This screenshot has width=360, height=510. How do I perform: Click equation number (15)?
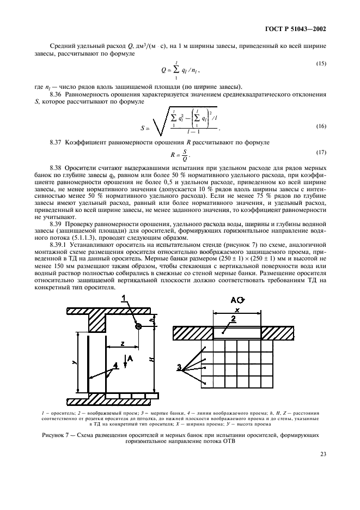[x=321, y=64]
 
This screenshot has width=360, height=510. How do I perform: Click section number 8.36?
[x=58, y=94]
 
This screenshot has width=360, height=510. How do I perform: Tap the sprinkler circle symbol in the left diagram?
[x=139, y=326]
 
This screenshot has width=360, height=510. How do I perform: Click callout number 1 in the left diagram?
[x=124, y=297]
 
